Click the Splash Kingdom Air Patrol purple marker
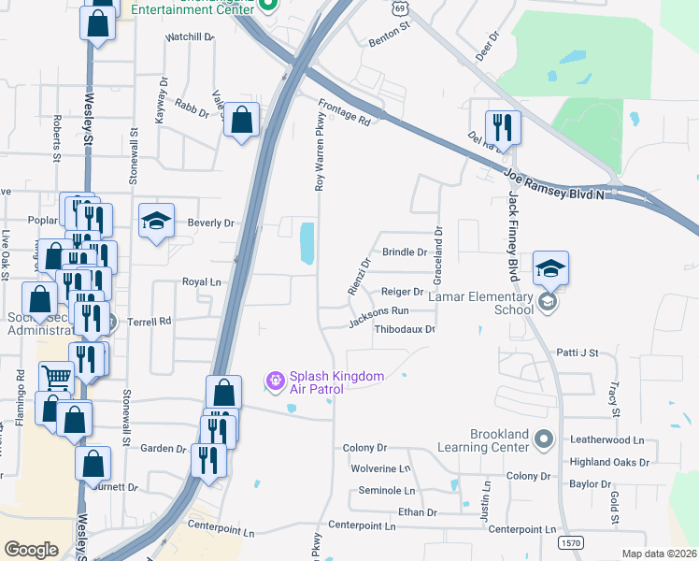tap(275, 381)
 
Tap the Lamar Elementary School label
tap(499, 302)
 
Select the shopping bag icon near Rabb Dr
tap(242, 120)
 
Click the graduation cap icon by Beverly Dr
tap(157, 222)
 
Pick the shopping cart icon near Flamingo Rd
tap(57, 378)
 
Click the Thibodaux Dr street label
tap(405, 329)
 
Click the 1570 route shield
tap(569, 542)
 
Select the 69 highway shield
tap(400, 7)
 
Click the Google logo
tap(31, 550)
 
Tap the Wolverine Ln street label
tap(380, 468)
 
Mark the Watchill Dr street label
tap(190, 37)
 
